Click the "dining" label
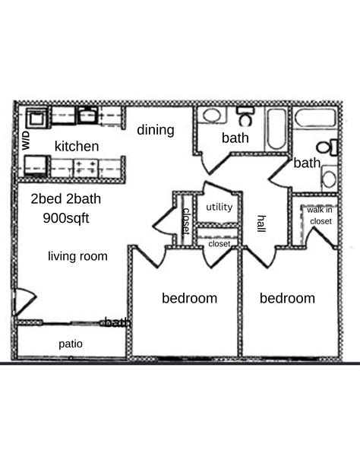(156, 130)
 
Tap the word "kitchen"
(77, 146)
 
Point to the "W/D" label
(26, 141)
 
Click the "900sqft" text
(66, 218)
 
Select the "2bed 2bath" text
(66, 198)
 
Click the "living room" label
(77, 256)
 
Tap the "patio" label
(71, 344)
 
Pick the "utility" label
(219, 207)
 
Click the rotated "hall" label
(261, 223)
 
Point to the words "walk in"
(320, 210)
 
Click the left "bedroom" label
(190, 298)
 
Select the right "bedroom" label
(287, 298)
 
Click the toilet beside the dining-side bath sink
(245, 116)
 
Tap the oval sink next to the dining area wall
(211, 116)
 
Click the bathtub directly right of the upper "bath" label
(276, 129)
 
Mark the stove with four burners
(86, 167)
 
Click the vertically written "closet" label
(186, 221)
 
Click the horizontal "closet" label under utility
(219, 244)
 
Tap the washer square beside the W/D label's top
(36, 119)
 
